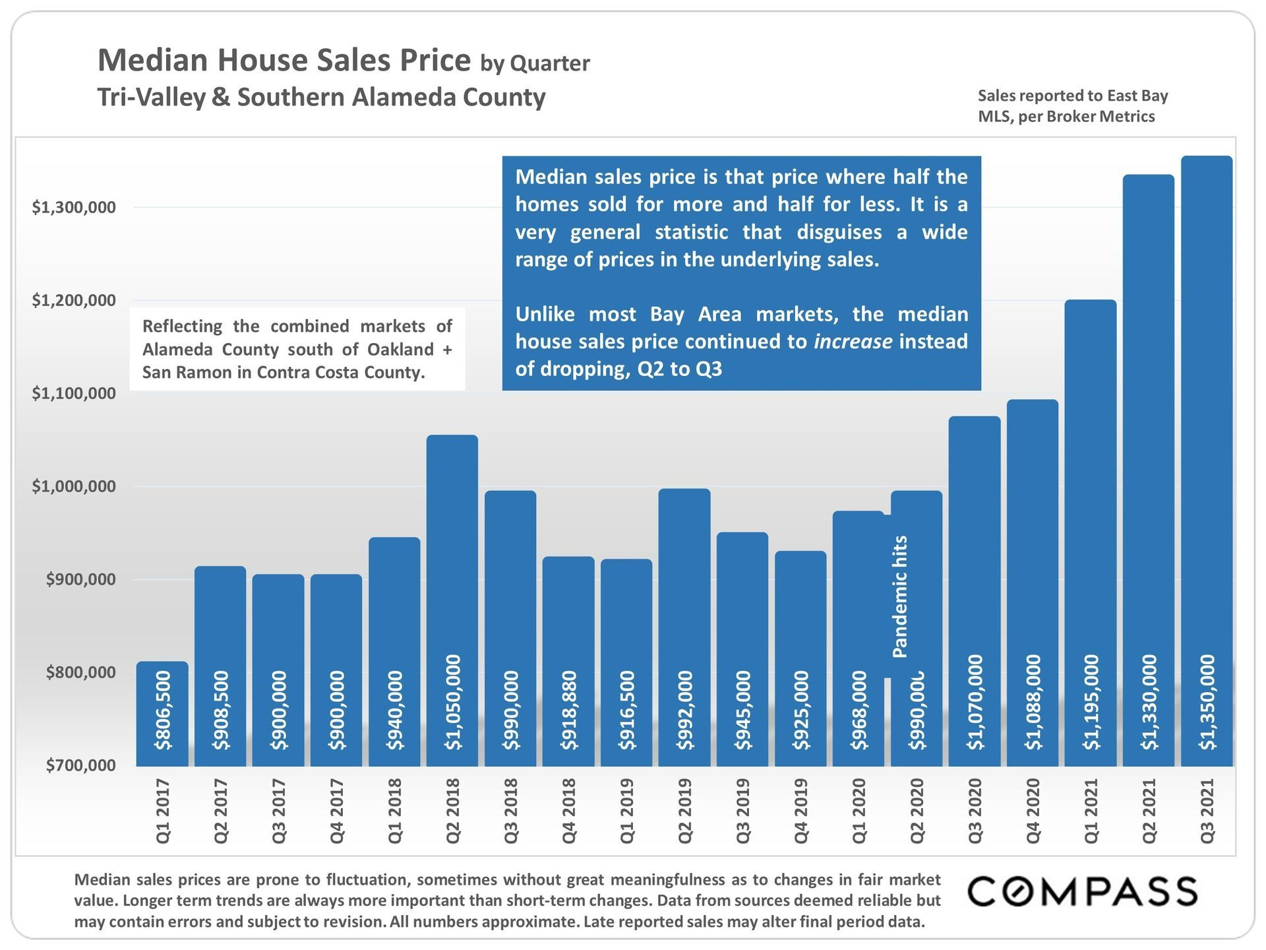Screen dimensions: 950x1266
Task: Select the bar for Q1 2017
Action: (162, 712)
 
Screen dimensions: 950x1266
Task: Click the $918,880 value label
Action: (569, 710)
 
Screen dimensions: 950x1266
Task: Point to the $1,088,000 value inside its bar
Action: (1033, 702)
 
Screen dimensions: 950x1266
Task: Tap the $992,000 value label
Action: (685, 710)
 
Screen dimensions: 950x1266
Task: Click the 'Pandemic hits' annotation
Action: (900, 596)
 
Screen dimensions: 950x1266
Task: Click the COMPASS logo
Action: (1082, 891)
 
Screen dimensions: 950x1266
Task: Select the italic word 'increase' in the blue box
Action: (853, 341)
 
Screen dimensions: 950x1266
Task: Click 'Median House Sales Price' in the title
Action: (284, 60)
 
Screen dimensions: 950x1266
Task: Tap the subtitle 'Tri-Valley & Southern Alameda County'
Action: (321, 97)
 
